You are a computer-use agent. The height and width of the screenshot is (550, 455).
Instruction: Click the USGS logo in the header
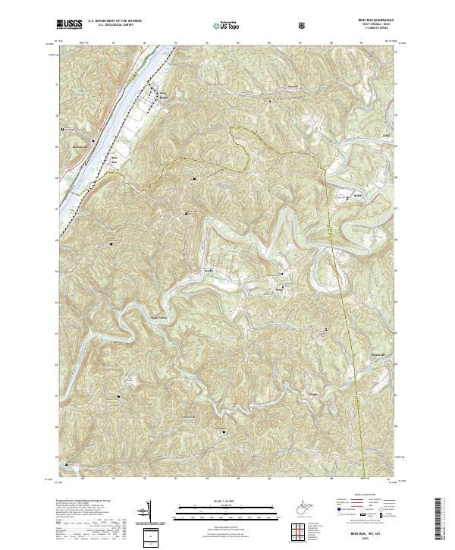point(70,25)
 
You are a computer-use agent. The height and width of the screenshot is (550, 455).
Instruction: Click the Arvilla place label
point(209,270)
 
